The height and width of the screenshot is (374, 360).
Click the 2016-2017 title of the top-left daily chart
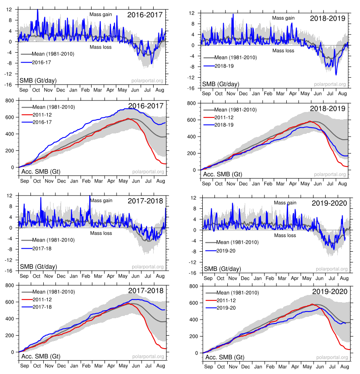coord(145,15)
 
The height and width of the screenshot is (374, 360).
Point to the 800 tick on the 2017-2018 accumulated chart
coord(11,285)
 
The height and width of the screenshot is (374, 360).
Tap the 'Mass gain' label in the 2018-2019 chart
coord(284,18)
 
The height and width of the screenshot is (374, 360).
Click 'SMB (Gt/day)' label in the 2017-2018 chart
coord(41,267)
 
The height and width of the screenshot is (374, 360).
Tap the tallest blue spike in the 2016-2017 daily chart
coord(38,9)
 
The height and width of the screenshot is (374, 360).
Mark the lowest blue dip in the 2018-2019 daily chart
coord(335,75)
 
